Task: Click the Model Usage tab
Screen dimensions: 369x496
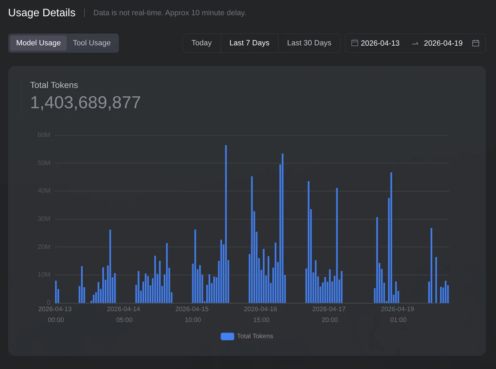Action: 38,43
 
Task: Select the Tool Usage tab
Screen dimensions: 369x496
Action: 92,43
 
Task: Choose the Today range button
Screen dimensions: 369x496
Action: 202,43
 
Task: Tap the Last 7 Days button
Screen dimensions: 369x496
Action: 249,43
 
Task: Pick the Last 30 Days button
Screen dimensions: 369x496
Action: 309,43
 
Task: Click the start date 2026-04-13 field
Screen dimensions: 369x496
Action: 380,43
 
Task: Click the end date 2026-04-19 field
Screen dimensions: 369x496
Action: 443,43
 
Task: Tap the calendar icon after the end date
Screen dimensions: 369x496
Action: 476,43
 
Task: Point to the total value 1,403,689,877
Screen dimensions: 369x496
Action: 85,102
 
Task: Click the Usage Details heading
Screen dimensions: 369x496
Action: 42,13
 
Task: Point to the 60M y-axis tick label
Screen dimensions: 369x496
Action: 44,135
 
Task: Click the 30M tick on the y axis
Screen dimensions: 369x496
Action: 44,219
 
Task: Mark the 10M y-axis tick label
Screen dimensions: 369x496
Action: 44,275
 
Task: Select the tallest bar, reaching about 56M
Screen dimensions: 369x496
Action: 226,223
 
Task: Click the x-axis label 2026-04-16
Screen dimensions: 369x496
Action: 260,309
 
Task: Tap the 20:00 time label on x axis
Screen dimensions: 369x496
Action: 330,320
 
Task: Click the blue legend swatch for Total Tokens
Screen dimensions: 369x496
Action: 227,336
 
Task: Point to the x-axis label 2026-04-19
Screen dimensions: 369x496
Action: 397,309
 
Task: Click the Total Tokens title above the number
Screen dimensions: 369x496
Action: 54,85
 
